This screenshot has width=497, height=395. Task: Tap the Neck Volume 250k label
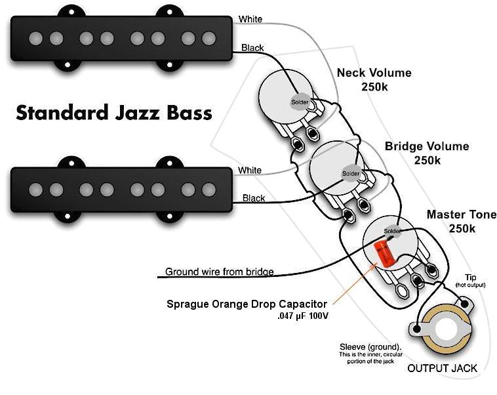374,79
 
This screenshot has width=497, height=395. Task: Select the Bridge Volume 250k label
427,152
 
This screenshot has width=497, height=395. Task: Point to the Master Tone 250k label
462,221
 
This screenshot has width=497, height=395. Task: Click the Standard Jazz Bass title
114,112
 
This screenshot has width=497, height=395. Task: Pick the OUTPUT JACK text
443,368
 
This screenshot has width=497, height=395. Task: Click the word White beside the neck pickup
250,20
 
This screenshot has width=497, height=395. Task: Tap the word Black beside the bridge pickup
254,198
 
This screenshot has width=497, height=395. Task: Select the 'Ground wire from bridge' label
219,271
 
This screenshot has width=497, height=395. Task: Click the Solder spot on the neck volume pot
300,102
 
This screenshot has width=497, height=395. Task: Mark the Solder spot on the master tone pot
391,232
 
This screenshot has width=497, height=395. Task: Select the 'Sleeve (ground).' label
370,346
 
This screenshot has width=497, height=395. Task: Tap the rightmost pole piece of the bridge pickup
209,190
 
